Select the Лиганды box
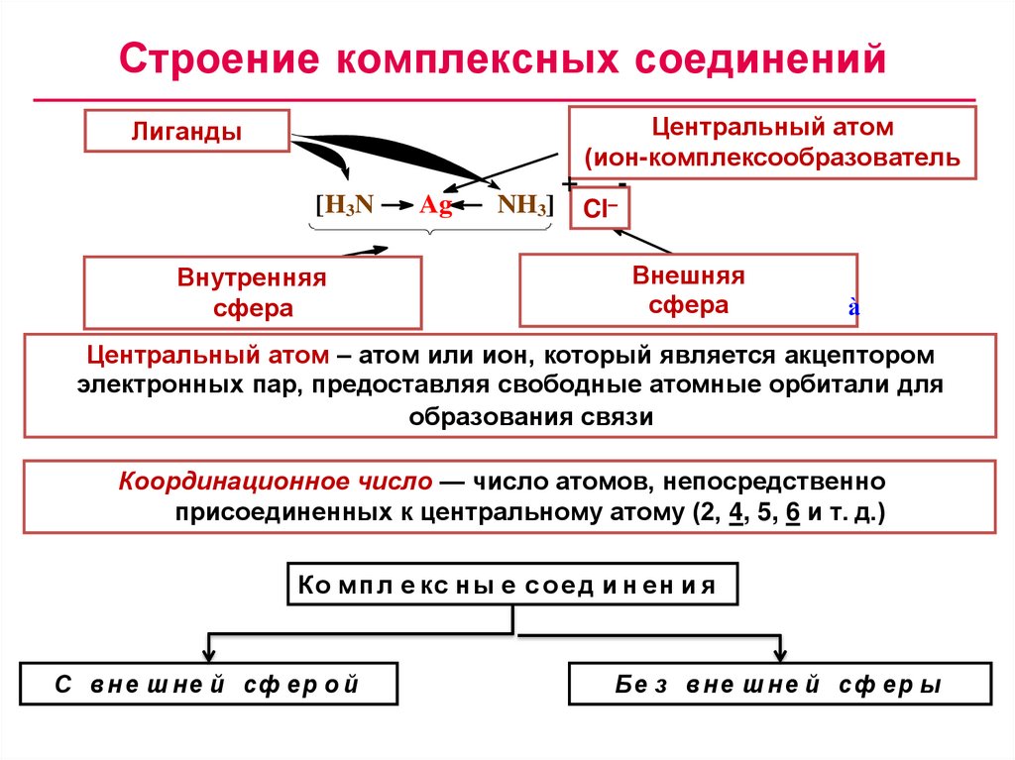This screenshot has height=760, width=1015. (x=187, y=132)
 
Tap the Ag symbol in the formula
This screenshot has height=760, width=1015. (x=435, y=205)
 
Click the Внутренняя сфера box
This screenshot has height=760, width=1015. (x=253, y=292)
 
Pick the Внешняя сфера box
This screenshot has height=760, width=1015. (x=688, y=289)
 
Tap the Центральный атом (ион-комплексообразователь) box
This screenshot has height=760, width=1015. (x=772, y=143)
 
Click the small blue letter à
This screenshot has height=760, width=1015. (x=852, y=308)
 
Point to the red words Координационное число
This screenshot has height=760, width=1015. (x=276, y=483)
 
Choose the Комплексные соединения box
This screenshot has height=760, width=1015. (x=512, y=585)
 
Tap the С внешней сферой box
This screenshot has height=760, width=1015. (x=208, y=685)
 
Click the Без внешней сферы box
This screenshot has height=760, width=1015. (x=779, y=685)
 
